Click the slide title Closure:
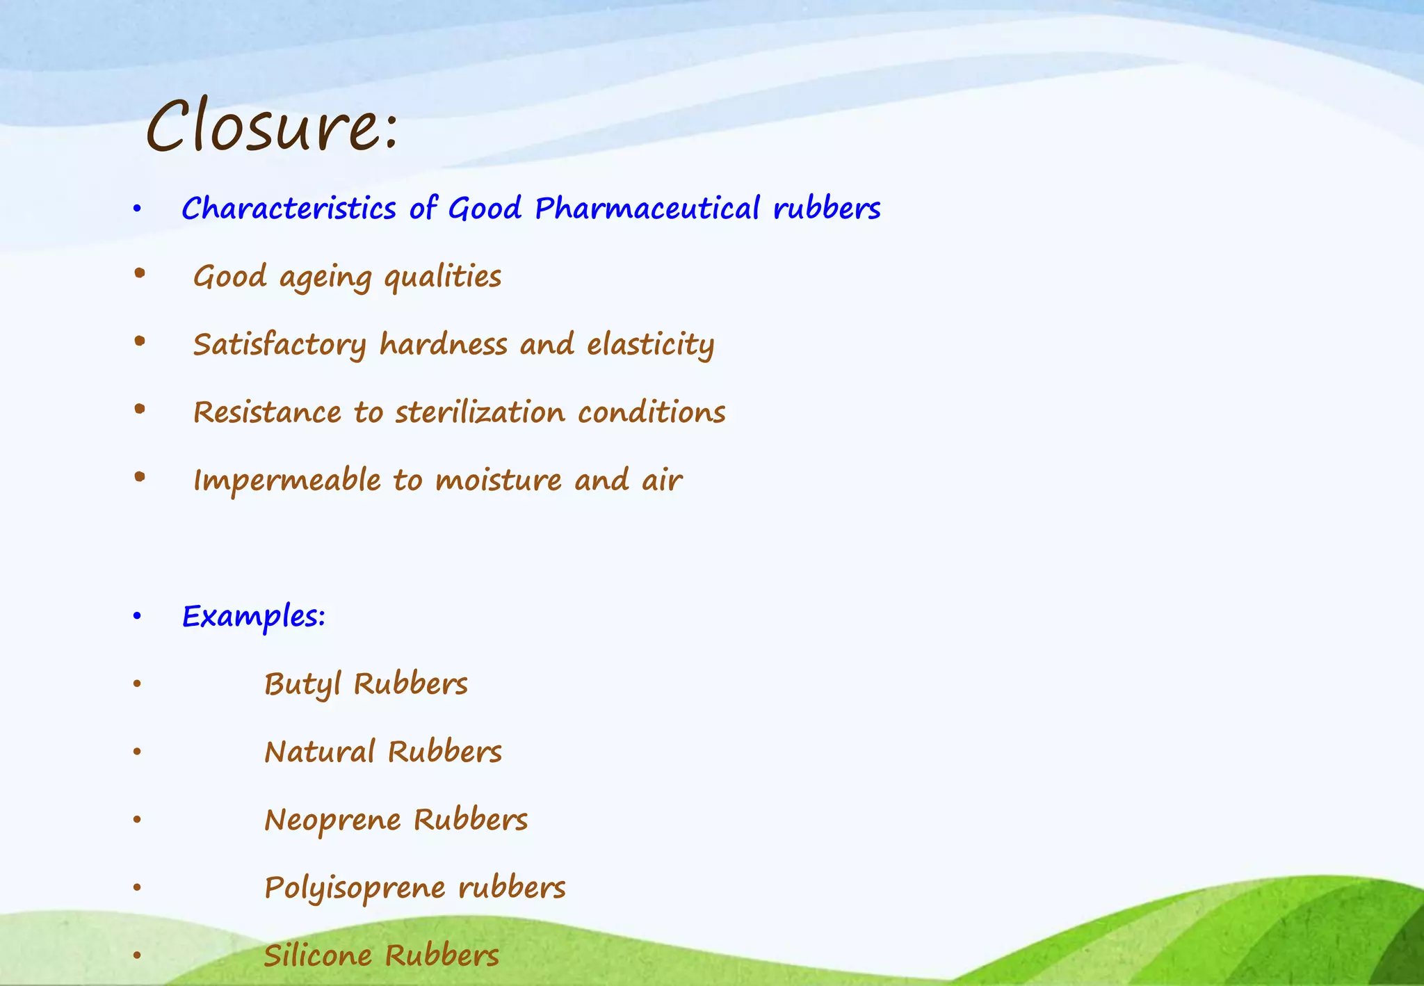pyautogui.click(x=272, y=127)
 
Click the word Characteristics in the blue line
pyautogui.click(x=289, y=209)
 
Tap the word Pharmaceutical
pyautogui.click(x=647, y=209)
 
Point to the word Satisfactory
pyautogui.click(x=280, y=345)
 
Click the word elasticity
pyautogui.click(x=650, y=345)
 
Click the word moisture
pyautogui.click(x=498, y=480)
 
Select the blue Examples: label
pyautogui.click(x=254, y=617)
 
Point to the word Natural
pyautogui.click(x=319, y=752)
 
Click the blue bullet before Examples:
pyautogui.click(x=137, y=616)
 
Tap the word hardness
pyautogui.click(x=443, y=345)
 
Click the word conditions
pyautogui.click(x=652, y=412)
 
